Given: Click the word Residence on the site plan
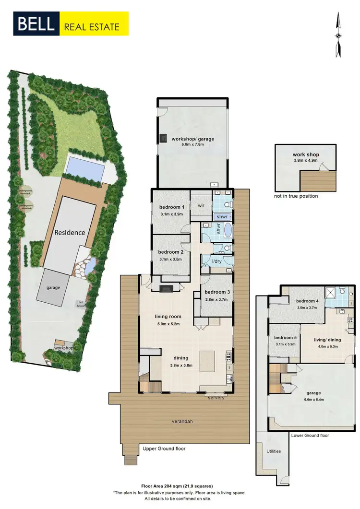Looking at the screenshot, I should pos(70,232).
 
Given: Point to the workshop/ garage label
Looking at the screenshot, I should pos(193,139).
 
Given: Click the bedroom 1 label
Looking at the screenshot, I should pos(171,207).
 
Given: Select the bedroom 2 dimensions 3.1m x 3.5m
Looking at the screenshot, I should pos(171,259).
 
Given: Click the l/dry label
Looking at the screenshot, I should pos(216,262).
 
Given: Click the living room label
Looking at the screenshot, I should pos(168,316).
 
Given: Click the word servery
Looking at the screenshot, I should pos(216,398).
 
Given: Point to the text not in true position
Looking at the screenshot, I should pos(296,196).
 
